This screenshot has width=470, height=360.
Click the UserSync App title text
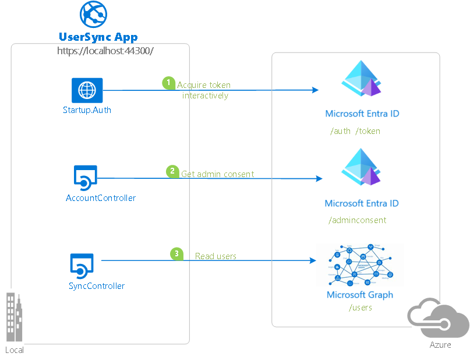pyautogui.click(x=98, y=37)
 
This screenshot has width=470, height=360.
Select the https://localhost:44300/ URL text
pyautogui.click(x=105, y=51)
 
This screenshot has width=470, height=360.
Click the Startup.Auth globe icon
pyautogui.click(x=87, y=90)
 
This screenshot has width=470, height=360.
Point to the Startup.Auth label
pyautogui.click(x=87, y=110)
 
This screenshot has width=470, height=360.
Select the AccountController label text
pyautogui.click(x=101, y=198)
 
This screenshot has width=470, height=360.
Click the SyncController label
pyautogui.click(x=97, y=285)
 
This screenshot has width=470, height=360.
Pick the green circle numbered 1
pyautogui.click(x=169, y=83)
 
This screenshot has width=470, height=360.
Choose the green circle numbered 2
pyautogui.click(x=172, y=171)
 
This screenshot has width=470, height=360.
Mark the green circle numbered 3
pyautogui.click(x=176, y=253)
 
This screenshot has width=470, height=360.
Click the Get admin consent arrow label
pyautogui.click(x=217, y=174)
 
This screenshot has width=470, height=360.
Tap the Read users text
pyautogui.click(x=215, y=256)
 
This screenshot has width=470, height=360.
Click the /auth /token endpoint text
pyautogui.click(x=355, y=131)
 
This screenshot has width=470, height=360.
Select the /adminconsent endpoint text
pyautogui.click(x=357, y=220)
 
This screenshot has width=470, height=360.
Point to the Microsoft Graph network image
pyautogui.click(x=360, y=265)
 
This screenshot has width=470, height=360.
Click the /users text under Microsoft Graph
pyautogui.click(x=360, y=307)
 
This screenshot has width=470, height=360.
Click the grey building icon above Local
pyautogui.click(x=15, y=317)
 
